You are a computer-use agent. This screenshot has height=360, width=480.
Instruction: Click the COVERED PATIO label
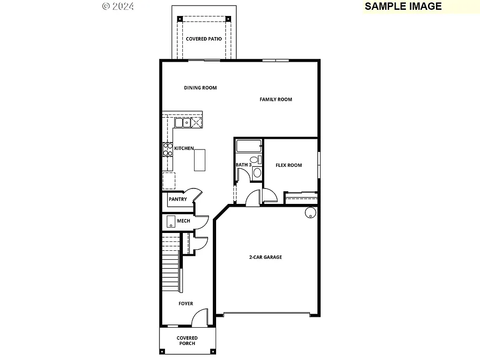[203, 39]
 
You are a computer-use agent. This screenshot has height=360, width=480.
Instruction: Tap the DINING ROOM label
[200, 88]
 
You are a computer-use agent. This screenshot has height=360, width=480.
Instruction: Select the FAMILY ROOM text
[276, 99]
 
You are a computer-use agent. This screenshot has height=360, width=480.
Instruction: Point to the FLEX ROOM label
[288, 165]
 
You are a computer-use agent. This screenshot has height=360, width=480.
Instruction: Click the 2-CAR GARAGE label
[265, 257]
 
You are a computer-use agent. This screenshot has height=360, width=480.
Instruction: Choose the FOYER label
[186, 304]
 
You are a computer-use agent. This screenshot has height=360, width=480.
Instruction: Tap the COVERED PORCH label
[187, 341]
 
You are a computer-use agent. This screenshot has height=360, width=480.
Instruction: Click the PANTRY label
[178, 199]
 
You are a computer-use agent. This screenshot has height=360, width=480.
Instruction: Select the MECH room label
[183, 221]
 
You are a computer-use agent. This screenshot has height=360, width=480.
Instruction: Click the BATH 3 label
[243, 165]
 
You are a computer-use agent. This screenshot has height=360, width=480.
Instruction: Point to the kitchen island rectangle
[200, 160]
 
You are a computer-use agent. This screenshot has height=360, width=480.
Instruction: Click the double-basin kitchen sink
[182, 123]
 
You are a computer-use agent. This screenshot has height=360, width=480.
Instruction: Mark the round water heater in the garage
[311, 213]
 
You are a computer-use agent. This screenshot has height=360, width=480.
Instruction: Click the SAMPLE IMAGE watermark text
[403, 6]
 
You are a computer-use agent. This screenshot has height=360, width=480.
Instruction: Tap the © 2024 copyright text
[118, 6]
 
